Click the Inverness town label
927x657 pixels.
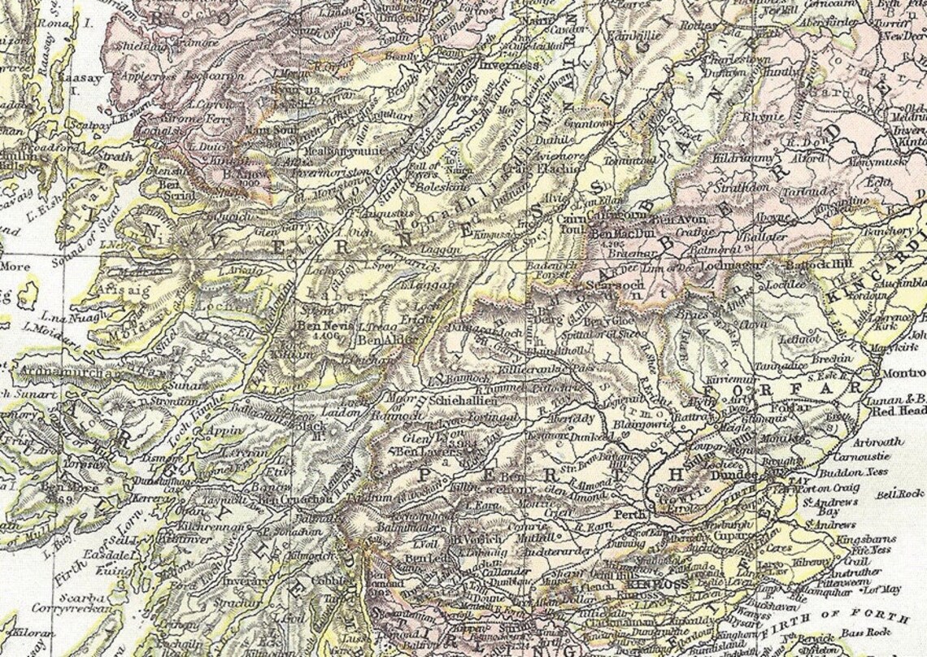[x=509, y=65]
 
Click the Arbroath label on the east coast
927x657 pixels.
[x=878, y=442]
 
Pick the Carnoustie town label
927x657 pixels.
[x=883, y=457]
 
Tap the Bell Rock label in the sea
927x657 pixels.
[x=900, y=494]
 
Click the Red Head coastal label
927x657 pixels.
[x=900, y=411]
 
